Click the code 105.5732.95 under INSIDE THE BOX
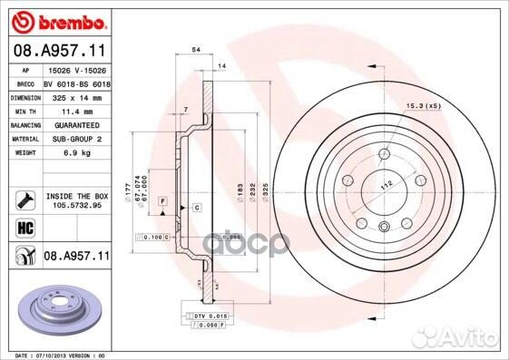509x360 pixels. [76, 205]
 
